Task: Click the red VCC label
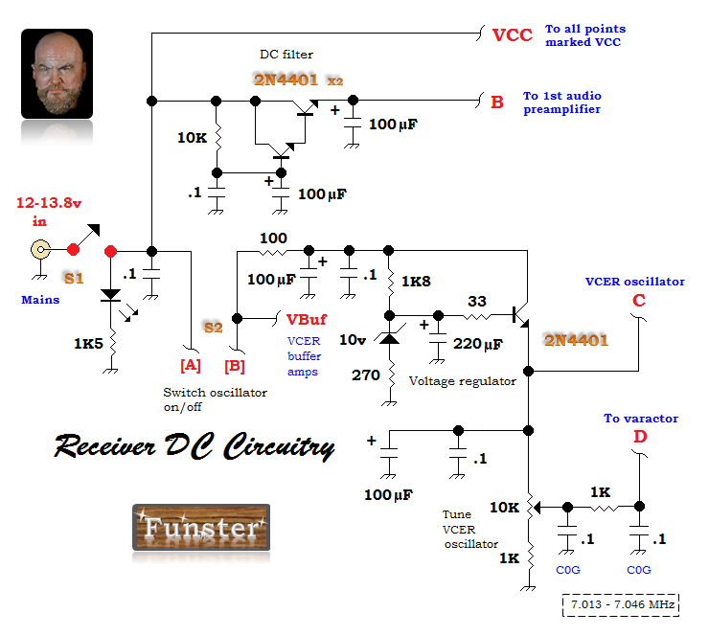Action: pos(513,34)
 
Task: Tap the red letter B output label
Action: pos(497,102)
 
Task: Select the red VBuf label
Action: pos(307,320)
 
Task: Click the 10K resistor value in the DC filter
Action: pos(193,137)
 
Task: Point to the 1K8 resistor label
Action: pos(416,282)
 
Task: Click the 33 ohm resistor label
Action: pos(477,301)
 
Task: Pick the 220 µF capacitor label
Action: pos(478,344)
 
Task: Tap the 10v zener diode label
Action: pos(353,339)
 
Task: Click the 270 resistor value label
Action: pos(366,375)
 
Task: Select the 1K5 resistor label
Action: pos(88,344)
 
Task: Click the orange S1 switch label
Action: pos(74,278)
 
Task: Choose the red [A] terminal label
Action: pos(191,365)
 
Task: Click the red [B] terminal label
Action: pos(235,366)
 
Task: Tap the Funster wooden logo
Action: pos(201,528)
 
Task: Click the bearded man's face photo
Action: pos(57,74)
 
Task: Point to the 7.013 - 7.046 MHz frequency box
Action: pos(621,604)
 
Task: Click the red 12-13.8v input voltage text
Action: pos(49,203)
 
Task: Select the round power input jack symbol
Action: pos(40,250)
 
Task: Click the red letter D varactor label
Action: pos(640,437)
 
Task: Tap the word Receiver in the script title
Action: pos(104,445)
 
